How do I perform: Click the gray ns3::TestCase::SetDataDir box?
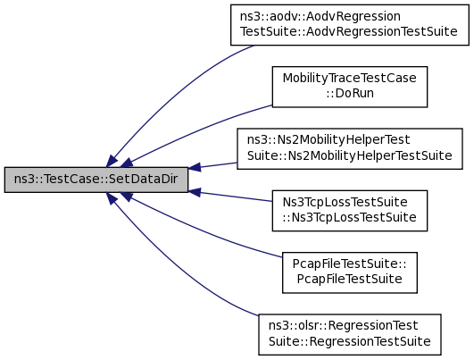96,180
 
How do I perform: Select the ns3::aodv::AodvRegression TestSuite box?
350,25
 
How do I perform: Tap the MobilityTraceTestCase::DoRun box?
350,87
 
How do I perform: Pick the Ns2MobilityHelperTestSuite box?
350,148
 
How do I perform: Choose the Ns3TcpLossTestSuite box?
350,211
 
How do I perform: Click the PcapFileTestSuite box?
350,272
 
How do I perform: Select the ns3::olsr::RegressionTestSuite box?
350,335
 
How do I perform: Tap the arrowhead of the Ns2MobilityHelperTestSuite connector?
194,167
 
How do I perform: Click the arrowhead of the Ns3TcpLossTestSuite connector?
194,192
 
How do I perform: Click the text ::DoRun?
350,93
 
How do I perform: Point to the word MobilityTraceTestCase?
350,78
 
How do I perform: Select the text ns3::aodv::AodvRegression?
320,16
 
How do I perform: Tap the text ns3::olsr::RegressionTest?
344,326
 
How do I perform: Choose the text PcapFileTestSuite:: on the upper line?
349,264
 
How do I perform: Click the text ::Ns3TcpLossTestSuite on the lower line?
350,217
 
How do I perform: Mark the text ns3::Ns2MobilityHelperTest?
328,139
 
